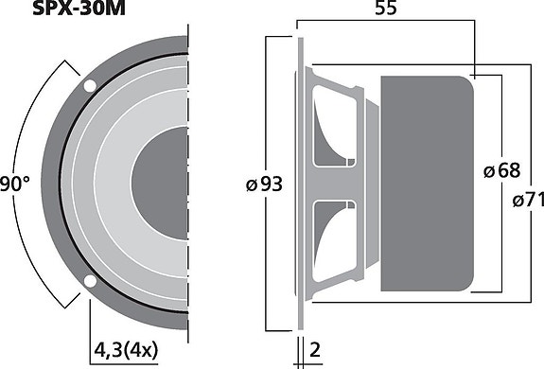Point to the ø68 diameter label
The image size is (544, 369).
[500, 170]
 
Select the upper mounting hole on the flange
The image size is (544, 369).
[90, 85]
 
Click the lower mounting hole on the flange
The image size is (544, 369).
[89, 280]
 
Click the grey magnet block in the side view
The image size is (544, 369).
[425, 182]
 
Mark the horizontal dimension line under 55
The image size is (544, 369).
[386, 28]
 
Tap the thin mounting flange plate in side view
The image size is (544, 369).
[301, 182]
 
